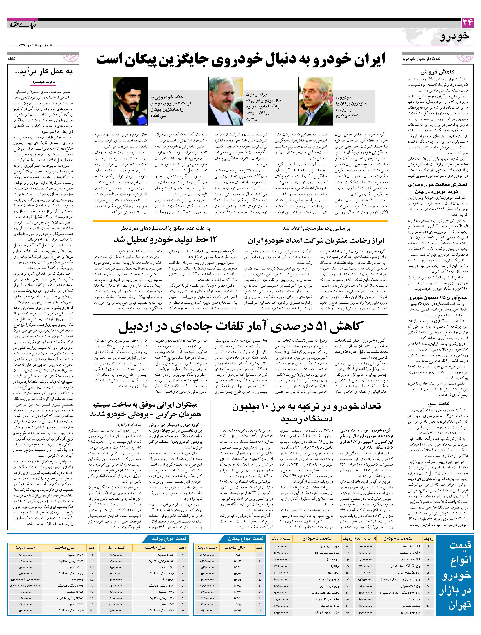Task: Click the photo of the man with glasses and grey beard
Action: [x=316, y=101]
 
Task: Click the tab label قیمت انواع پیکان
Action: [x=245, y=538]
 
